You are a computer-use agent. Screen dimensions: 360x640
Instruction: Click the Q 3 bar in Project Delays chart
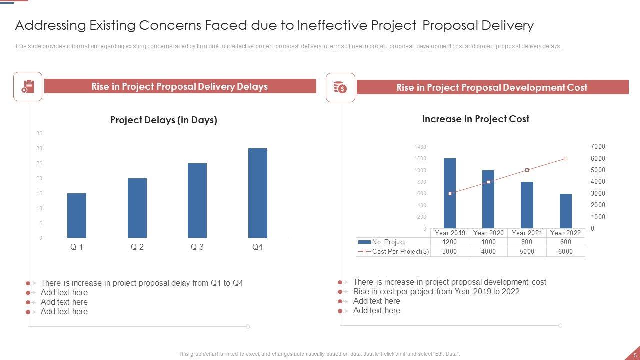197,200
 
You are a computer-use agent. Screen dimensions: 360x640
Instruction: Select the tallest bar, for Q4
257,193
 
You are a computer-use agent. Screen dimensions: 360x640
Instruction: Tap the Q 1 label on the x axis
77,247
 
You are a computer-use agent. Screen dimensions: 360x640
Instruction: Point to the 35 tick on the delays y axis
39,134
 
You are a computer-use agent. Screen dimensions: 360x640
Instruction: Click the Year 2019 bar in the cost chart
450,193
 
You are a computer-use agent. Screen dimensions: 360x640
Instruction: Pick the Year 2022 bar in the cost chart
565,211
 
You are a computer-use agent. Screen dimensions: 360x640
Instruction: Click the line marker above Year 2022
565,159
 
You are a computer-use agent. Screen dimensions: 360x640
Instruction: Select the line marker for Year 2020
488,182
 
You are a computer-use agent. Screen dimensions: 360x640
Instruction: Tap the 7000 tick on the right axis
598,147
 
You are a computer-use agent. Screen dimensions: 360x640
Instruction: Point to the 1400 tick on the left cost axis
420,147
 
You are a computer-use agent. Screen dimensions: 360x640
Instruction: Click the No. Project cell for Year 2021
527,242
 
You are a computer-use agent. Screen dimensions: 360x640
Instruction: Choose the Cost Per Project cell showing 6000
565,252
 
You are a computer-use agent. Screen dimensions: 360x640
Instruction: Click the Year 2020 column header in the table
488,233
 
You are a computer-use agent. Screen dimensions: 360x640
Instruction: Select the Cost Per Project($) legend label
400,252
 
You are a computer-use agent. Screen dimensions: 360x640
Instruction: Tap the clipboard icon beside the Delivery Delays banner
28,87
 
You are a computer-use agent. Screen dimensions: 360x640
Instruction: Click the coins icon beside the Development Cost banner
340,88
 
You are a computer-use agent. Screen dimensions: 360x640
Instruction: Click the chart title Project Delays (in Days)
164,120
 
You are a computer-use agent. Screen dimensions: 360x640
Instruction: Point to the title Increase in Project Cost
475,119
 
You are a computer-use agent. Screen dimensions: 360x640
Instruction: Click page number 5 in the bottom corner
635,355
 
